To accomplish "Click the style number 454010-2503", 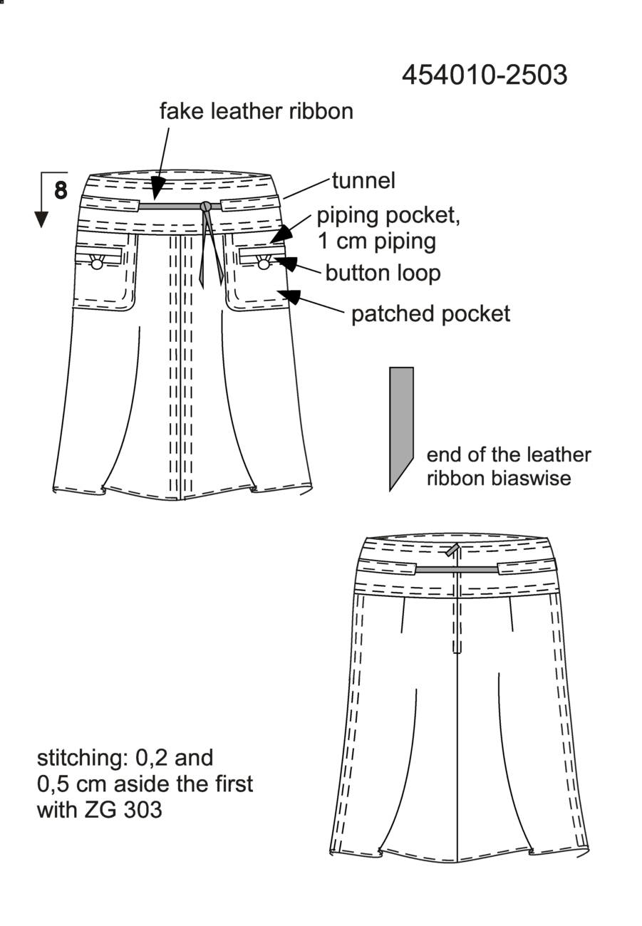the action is (x=485, y=76).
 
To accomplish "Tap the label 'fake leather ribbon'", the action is (x=257, y=111).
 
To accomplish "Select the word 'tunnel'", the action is (x=363, y=181).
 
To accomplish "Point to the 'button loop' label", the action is (x=383, y=274).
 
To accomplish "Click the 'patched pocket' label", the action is (x=430, y=313).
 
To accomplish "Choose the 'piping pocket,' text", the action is (x=388, y=217).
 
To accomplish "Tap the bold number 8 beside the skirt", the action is (x=61, y=190).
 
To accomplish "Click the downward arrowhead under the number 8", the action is (x=41, y=219).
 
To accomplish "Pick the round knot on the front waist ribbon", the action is (x=205, y=206).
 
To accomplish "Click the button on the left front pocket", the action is (x=96, y=264).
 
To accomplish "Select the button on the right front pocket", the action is (x=264, y=264).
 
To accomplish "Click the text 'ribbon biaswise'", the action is (x=499, y=478).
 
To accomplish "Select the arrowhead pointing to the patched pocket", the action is (x=291, y=296).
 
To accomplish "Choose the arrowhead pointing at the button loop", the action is (x=286, y=264).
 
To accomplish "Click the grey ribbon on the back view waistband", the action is (x=457, y=569).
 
